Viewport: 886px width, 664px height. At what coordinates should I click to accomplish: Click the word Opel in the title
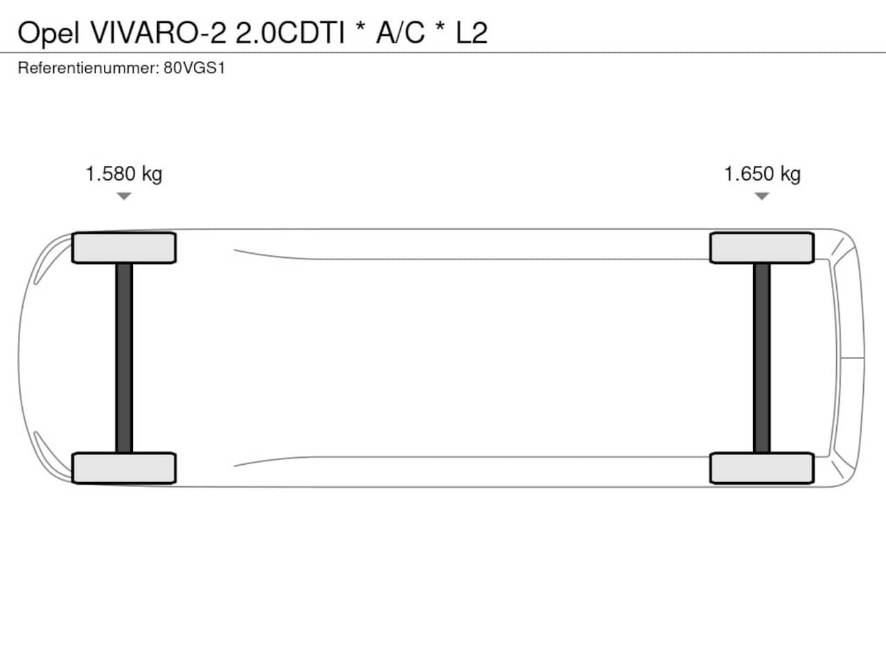click(x=48, y=33)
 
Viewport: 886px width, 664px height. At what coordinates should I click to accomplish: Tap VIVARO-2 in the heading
click(x=159, y=33)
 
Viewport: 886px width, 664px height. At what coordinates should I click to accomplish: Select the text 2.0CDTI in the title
click(x=290, y=33)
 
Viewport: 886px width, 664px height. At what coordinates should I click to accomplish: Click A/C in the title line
click(x=400, y=33)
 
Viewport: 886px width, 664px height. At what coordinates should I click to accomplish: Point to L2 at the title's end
click(x=471, y=33)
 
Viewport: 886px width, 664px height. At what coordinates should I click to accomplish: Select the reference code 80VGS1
click(x=194, y=68)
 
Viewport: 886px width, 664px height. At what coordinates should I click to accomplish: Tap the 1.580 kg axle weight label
click(x=124, y=174)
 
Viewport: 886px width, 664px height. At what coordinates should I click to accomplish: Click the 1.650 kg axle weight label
click(x=762, y=174)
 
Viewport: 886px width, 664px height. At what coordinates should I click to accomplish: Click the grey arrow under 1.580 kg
click(x=124, y=196)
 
